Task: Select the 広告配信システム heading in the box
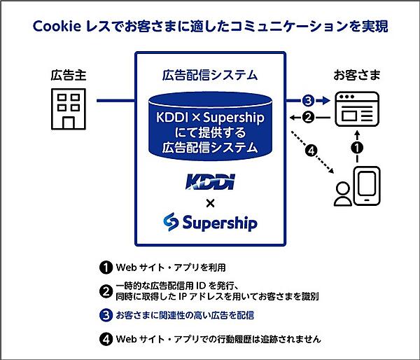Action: [x=209, y=74]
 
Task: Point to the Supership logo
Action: [x=209, y=223]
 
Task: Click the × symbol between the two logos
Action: [x=209, y=203]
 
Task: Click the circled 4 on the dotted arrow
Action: [x=311, y=149]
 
